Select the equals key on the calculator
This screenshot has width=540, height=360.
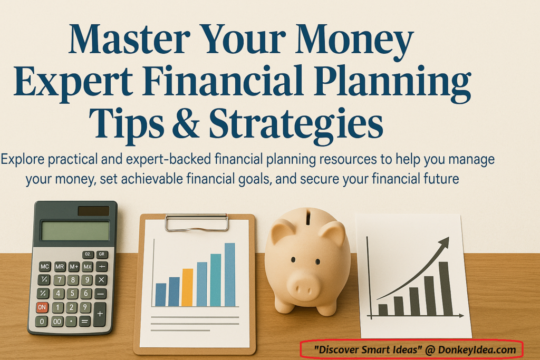tap(84, 321)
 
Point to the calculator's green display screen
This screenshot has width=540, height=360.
tap(75, 231)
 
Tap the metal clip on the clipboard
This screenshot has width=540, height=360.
tap(197, 222)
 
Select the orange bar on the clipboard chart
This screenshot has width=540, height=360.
tap(187, 287)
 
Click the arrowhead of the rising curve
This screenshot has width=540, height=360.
tap(445, 242)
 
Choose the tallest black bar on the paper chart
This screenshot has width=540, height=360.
tap(445, 288)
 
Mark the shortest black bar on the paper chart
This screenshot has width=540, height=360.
tap(383, 310)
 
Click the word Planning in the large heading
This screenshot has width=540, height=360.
tap(397, 82)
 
